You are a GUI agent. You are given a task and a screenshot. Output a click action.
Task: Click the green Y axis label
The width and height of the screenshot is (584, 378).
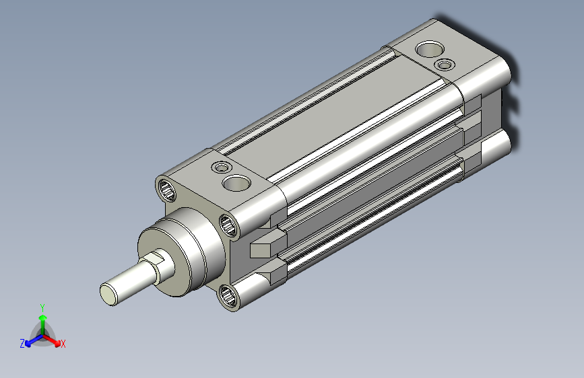click(42, 307)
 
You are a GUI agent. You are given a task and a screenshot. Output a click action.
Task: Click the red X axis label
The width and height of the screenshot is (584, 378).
click(63, 344)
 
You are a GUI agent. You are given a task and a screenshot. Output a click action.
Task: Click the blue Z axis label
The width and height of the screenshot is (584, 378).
click(22, 344)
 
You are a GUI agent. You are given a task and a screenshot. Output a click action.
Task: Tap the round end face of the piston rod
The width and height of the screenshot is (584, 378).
click(108, 294)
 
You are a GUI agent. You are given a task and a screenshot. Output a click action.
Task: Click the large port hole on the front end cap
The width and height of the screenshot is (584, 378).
click(236, 183)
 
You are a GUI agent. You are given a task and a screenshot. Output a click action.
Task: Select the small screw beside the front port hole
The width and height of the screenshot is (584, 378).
click(222, 167)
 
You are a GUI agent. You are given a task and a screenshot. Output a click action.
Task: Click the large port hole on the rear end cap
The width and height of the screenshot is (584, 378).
click(430, 48)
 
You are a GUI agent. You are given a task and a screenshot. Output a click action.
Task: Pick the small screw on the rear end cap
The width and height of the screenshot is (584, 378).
click(445, 65)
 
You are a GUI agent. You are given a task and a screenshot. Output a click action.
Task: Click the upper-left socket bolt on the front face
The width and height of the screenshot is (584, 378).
click(167, 190)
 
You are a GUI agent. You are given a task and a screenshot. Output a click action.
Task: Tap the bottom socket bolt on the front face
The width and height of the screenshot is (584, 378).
click(228, 296)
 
